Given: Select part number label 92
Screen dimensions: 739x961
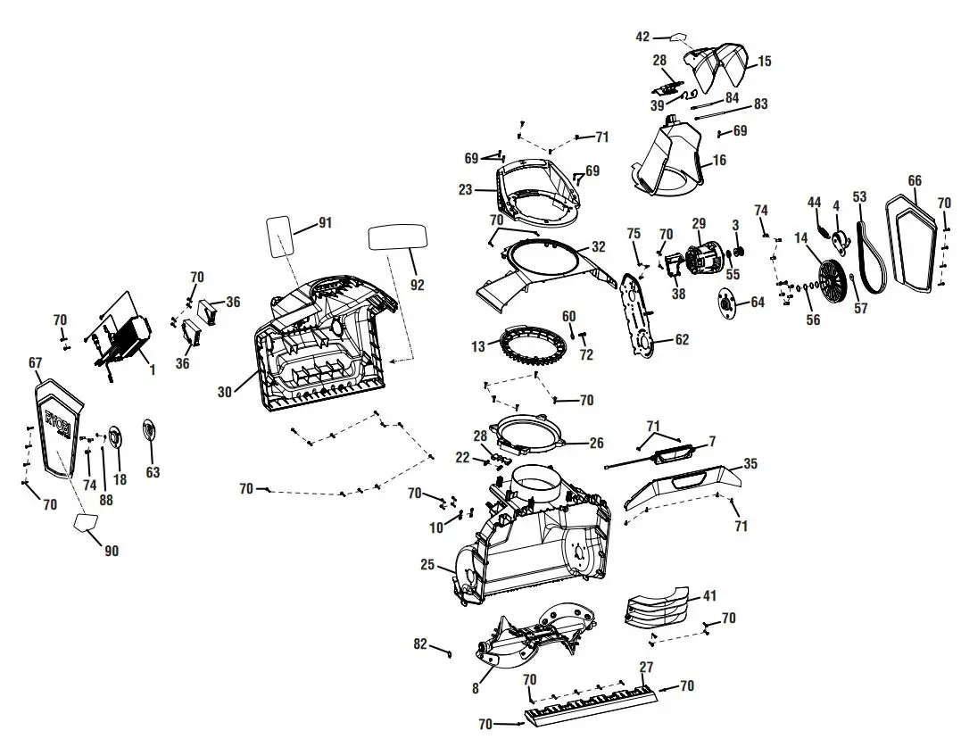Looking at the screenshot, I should [x=417, y=285].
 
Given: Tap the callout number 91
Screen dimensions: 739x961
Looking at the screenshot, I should [x=324, y=223].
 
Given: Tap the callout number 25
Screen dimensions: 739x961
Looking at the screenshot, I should [x=427, y=564].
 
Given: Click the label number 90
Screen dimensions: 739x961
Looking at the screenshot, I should [x=111, y=551].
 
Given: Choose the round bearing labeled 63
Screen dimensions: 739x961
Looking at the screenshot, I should [x=150, y=430].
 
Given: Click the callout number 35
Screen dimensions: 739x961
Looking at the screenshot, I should [x=750, y=463].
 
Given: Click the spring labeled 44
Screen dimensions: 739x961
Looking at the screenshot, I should [x=815, y=220].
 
